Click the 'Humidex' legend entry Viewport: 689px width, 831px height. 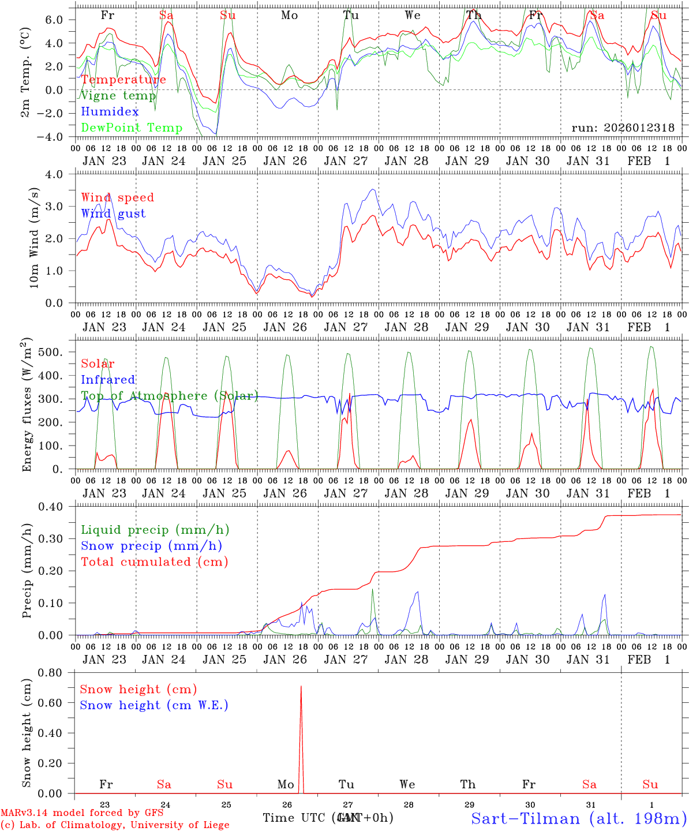(x=110, y=112)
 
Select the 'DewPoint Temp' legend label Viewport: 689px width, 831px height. (x=132, y=128)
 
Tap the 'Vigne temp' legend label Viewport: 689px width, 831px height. (x=118, y=96)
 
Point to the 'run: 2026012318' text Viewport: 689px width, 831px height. (x=623, y=128)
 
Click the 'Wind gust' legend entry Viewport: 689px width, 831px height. (x=113, y=214)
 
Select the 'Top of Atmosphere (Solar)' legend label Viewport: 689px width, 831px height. (x=169, y=396)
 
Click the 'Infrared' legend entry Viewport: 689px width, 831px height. (x=108, y=380)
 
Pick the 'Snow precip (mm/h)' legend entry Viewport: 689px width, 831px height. (x=151, y=546)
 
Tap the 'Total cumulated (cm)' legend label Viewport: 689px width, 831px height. (x=154, y=562)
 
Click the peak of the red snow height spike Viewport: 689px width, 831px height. (x=301, y=687)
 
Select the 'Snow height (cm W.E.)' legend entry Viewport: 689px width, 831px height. (x=153, y=705)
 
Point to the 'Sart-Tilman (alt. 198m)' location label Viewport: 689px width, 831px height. (x=578, y=818)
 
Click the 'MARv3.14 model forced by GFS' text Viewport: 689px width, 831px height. (x=82, y=813)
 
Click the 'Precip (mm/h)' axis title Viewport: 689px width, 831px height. (x=27, y=571)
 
